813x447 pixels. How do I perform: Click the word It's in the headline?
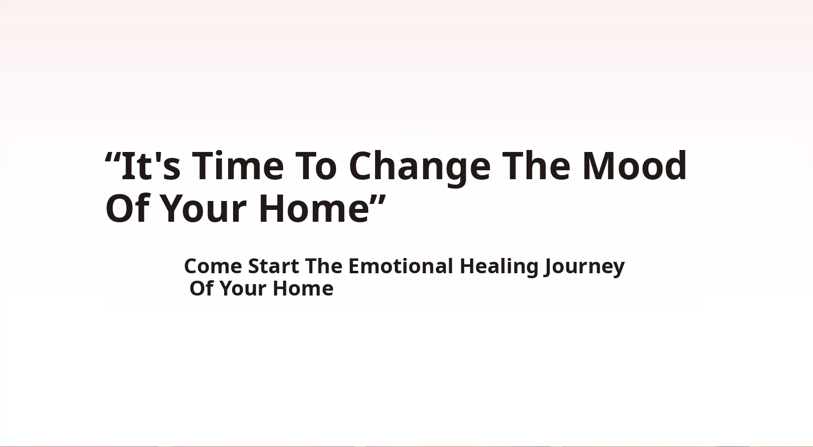pyautogui.click(x=150, y=165)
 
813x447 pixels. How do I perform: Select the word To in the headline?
pyautogui.click(x=316, y=165)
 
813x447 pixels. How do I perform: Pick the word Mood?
pyautogui.click(x=634, y=165)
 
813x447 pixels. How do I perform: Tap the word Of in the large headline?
pyautogui.click(x=127, y=208)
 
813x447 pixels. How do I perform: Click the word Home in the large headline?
pyautogui.click(x=314, y=208)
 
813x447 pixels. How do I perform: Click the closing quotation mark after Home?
pyautogui.click(x=378, y=200)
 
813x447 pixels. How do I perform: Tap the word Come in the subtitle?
pyautogui.click(x=213, y=266)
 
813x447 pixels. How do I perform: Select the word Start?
pyautogui.click(x=274, y=266)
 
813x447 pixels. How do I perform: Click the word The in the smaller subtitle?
pyautogui.click(x=324, y=266)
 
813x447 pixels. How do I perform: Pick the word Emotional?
pyautogui.click(x=401, y=266)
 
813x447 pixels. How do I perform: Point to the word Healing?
pyautogui.click(x=499, y=268)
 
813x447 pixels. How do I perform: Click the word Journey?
pyautogui.click(x=584, y=268)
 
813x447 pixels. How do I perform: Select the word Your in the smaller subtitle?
pyautogui.click(x=243, y=289)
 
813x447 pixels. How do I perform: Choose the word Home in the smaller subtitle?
pyautogui.click(x=303, y=289)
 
